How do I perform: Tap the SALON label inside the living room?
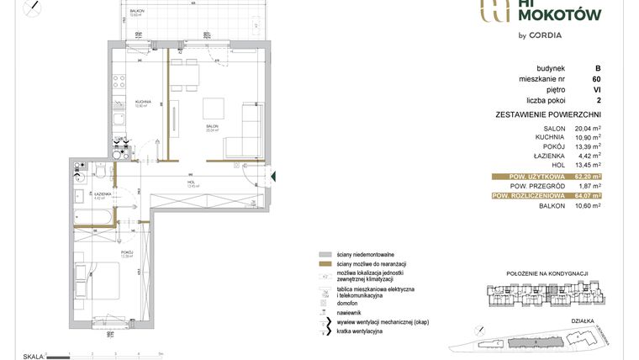[x=211, y=127]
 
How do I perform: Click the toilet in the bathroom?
[x=100, y=172]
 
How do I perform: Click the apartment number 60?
[x=596, y=79]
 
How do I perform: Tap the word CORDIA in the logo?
[x=545, y=35]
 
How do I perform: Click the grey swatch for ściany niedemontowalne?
[x=324, y=254]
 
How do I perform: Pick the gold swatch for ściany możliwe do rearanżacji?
[x=324, y=265]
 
